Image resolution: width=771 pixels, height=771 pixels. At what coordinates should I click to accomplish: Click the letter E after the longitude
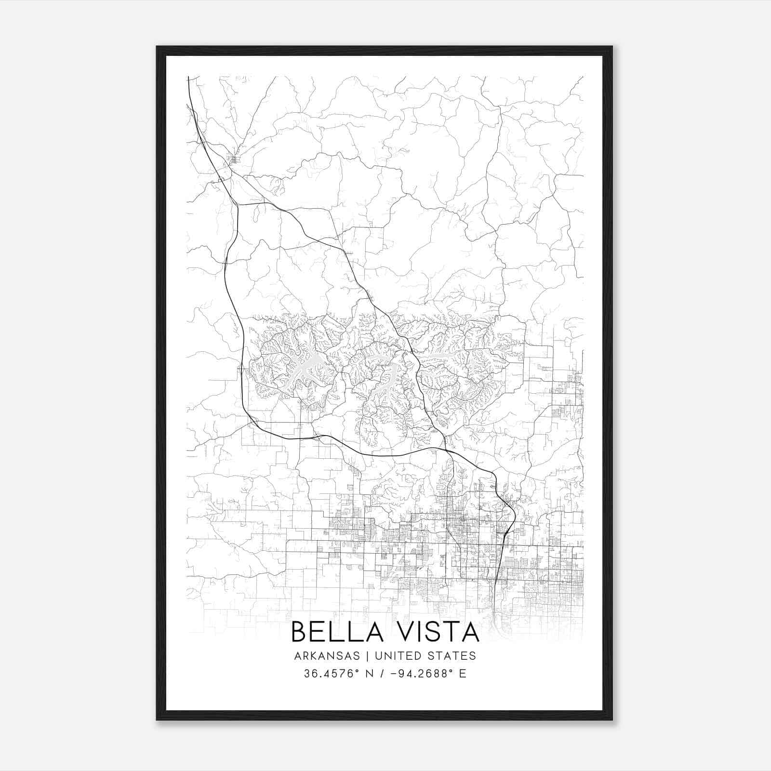click(463, 674)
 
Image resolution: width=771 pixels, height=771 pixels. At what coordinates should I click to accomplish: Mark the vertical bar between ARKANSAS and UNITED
click(367, 656)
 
